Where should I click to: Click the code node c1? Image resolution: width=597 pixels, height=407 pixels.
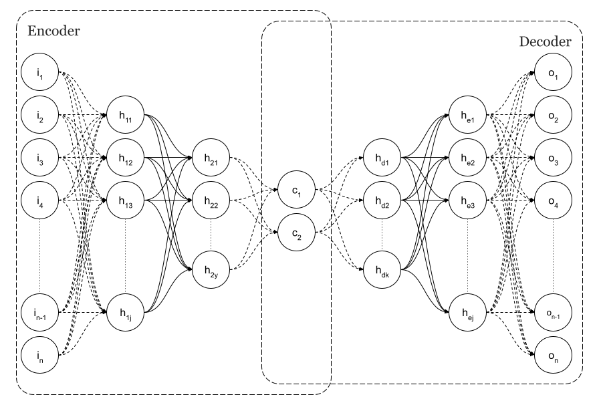(297, 191)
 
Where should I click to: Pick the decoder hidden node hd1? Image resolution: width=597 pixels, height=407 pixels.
(382, 158)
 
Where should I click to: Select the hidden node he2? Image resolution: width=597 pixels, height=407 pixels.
(468, 158)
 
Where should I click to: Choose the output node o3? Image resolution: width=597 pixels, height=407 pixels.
(554, 158)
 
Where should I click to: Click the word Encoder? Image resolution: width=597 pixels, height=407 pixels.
(53, 31)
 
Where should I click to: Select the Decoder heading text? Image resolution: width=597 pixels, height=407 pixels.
(545, 41)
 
